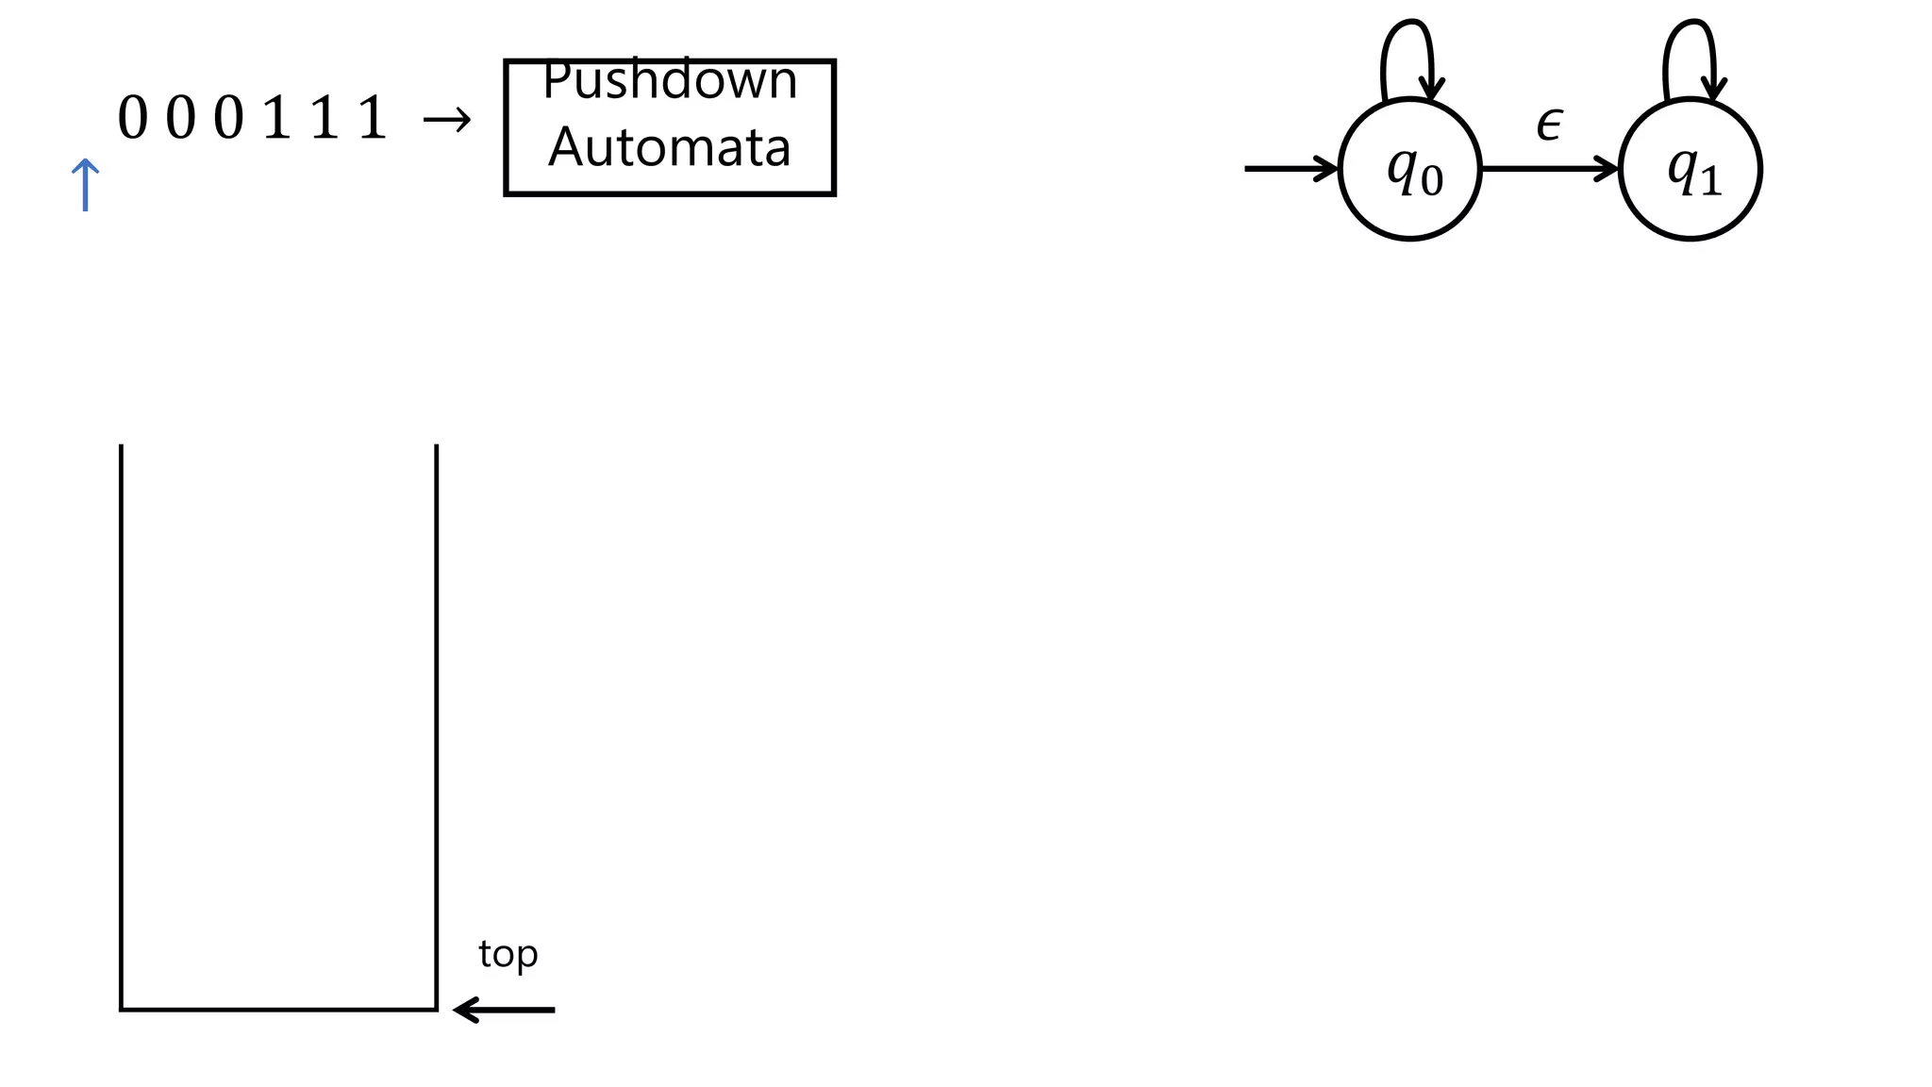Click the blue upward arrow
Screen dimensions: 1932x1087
[x=85, y=185]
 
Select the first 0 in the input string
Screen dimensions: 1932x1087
[x=133, y=120]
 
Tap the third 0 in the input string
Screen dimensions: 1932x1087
[x=228, y=120]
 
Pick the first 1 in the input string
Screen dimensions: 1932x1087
[x=276, y=120]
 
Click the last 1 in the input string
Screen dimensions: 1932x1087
[x=373, y=120]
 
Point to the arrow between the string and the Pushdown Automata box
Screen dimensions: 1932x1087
[x=446, y=120]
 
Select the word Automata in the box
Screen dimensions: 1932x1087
[x=670, y=148]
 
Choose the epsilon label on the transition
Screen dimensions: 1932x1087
[x=1549, y=124]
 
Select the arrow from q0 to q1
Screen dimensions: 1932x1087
[x=1549, y=170]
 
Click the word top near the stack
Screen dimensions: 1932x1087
[x=508, y=955]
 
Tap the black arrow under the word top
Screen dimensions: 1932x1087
[x=504, y=1010]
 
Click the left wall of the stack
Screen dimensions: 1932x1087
[x=122, y=727]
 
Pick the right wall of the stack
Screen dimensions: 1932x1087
[x=437, y=727]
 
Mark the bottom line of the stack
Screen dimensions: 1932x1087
[x=279, y=1010]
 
